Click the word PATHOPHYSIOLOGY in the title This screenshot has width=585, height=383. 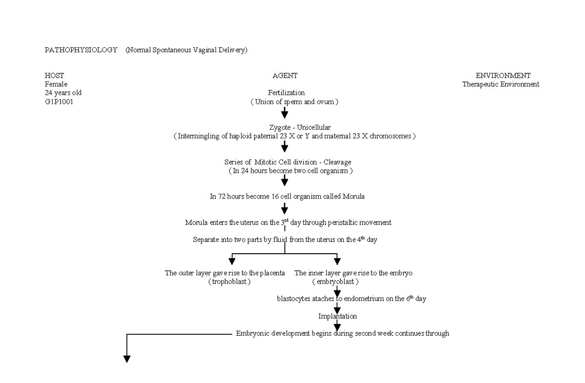[81, 50]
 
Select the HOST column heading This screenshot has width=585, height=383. [54, 76]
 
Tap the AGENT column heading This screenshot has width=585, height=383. [285, 76]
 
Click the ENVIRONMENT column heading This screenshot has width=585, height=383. [503, 76]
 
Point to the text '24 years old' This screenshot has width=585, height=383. [63, 93]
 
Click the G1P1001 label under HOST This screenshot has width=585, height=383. [59, 102]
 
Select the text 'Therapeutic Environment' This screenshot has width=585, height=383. [501, 84]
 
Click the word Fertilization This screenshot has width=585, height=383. [286, 93]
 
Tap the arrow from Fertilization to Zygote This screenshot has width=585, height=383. [285, 113]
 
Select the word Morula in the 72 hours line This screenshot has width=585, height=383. [353, 197]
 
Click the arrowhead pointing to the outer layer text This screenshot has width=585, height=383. [232, 261]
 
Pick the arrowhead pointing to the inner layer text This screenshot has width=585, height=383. [337, 261]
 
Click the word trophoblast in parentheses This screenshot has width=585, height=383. [229, 282]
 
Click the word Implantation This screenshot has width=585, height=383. [337, 316]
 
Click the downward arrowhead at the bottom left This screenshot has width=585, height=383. [127, 359]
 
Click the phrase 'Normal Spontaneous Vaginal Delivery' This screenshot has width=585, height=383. [186, 50]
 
